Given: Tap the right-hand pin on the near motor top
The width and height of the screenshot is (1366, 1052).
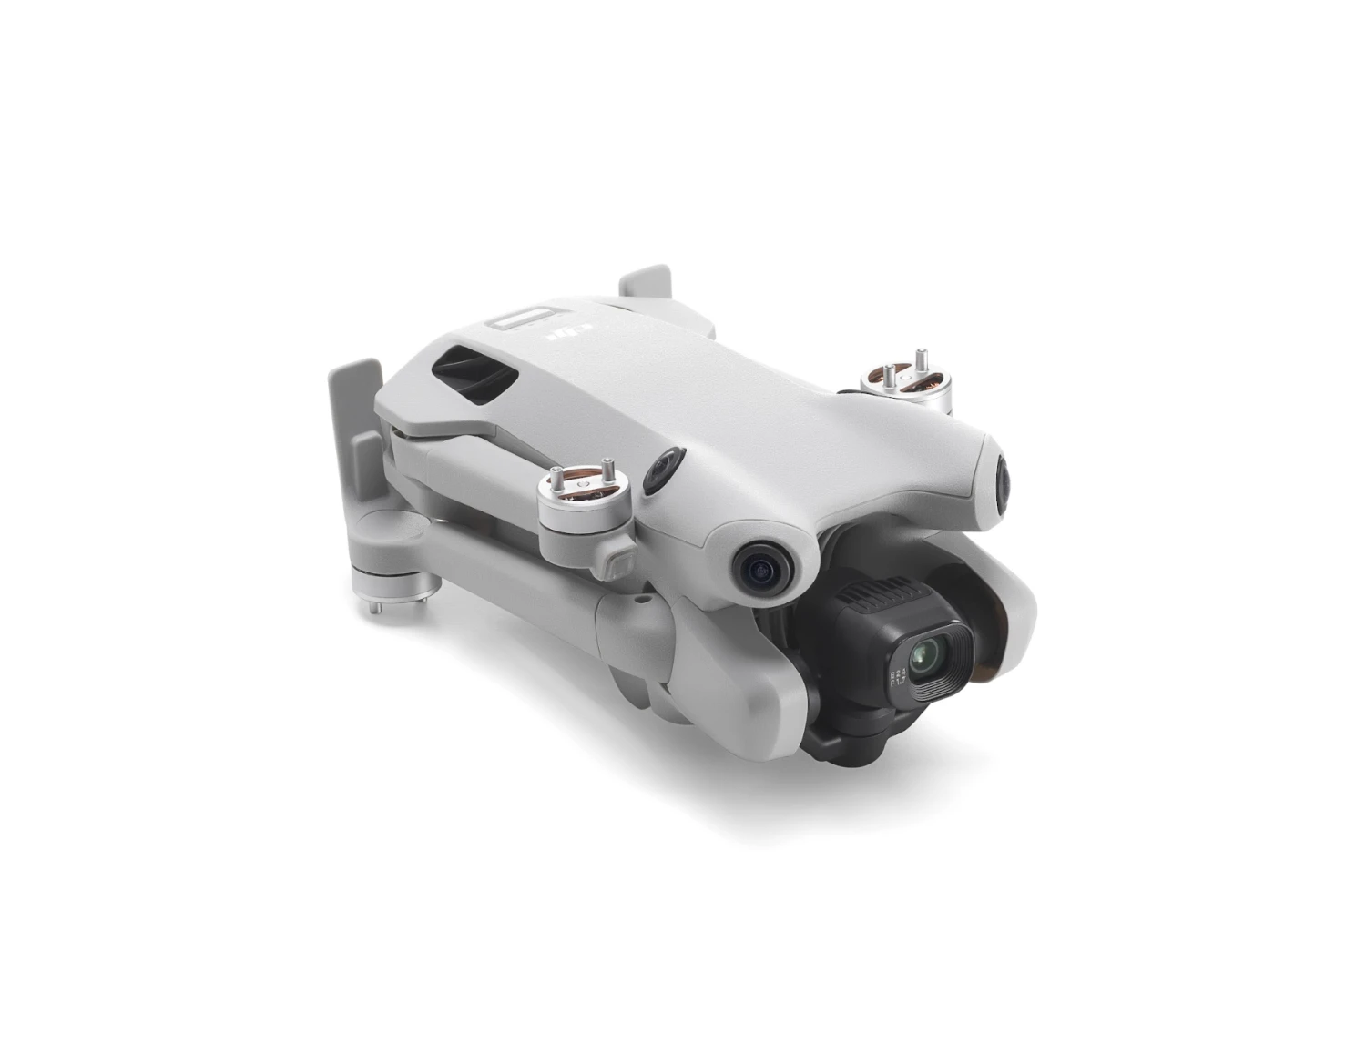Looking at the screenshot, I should [604, 473].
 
